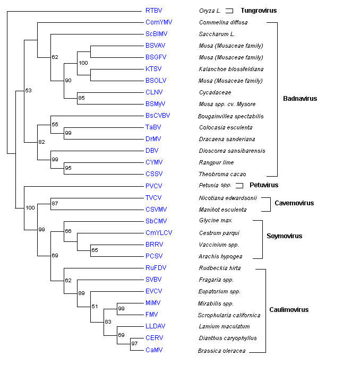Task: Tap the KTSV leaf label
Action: pyautogui.click(x=153, y=69)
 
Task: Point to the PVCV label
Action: pyautogui.click(x=153, y=186)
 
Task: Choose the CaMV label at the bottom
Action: pyautogui.click(x=153, y=350)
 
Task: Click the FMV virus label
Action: pyautogui.click(x=152, y=314)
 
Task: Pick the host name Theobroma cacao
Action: pyautogui.click(x=222, y=174)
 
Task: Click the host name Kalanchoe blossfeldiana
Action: pyautogui.click(x=231, y=69)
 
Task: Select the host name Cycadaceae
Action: pyautogui.click(x=215, y=92)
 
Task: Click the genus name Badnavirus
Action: pyautogui.click(x=300, y=99)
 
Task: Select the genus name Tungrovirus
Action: pyautogui.click(x=259, y=11)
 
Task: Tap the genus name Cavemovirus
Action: pyautogui.click(x=294, y=203)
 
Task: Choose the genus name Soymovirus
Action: pyautogui.click(x=285, y=236)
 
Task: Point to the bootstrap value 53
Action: pyautogui.click(x=29, y=91)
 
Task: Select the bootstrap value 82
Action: pyautogui.click(x=41, y=142)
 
